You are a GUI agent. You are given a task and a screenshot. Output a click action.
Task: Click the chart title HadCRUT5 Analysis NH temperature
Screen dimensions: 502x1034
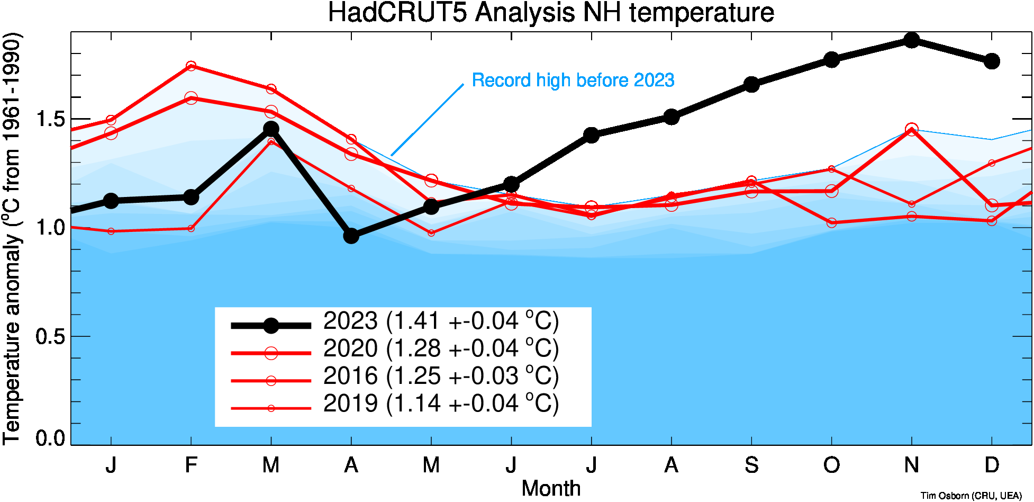point(551,13)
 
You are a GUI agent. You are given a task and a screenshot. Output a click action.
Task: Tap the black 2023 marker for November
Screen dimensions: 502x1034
point(911,40)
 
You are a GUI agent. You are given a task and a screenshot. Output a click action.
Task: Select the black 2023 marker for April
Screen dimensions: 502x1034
point(351,236)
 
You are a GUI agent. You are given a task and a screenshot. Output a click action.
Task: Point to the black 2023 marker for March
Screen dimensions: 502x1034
point(271,129)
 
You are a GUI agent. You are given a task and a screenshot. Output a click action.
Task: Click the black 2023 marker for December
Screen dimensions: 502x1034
point(992,61)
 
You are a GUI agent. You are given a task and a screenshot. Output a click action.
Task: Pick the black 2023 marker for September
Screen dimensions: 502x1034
point(751,84)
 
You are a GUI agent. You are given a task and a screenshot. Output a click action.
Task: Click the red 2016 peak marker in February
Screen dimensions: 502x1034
point(191,66)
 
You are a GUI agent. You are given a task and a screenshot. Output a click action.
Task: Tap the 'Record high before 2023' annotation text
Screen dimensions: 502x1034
point(573,80)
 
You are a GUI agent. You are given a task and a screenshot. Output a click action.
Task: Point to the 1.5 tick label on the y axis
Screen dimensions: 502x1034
point(50,119)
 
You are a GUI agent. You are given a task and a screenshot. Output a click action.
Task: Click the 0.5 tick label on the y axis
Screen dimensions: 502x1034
point(50,336)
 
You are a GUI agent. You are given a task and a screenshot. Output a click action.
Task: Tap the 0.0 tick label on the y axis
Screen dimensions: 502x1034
point(50,438)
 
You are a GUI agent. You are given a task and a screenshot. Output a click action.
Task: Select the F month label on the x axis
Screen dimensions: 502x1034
point(191,465)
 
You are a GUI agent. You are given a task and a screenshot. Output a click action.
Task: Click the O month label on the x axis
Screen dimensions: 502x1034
point(831,465)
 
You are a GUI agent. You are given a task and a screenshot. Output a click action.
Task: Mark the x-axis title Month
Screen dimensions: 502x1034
point(551,488)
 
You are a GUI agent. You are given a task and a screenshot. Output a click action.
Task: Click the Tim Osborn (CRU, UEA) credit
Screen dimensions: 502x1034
point(971,496)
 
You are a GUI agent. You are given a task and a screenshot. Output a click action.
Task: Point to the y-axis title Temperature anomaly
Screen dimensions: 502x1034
point(13,238)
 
